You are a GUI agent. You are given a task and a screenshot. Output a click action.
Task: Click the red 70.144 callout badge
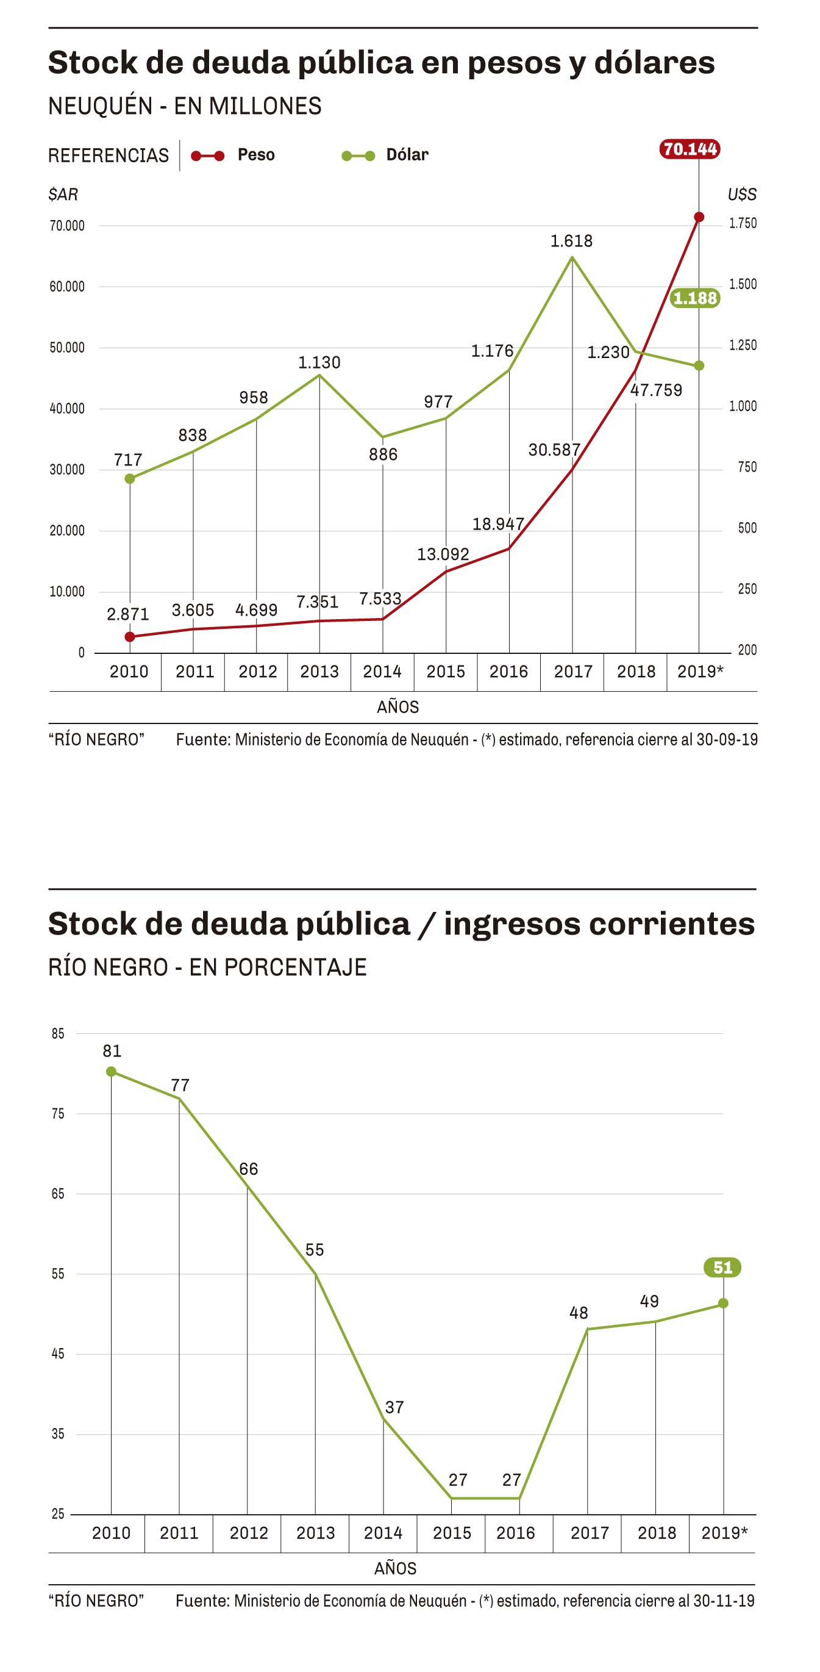click(x=690, y=149)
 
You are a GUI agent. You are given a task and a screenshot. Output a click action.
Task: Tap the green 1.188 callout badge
click(x=695, y=298)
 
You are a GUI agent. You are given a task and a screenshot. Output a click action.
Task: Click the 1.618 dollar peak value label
click(x=571, y=242)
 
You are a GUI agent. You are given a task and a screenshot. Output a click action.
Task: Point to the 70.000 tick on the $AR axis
click(x=67, y=226)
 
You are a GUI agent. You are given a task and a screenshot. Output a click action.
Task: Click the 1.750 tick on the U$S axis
click(x=743, y=223)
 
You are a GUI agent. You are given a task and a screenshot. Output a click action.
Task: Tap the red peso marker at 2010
click(x=130, y=637)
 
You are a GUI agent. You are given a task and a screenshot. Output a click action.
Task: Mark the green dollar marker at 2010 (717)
click(x=130, y=478)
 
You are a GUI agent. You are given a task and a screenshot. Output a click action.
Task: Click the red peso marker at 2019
click(x=699, y=217)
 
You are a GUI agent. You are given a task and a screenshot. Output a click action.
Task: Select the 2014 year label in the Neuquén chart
click(x=382, y=672)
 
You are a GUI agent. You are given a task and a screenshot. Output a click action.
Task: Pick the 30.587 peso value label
click(x=554, y=450)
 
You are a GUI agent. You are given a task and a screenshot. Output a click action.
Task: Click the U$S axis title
click(x=741, y=195)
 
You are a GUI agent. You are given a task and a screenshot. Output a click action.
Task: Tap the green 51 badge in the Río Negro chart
click(x=722, y=1267)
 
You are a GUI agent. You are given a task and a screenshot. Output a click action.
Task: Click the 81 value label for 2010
click(x=112, y=1051)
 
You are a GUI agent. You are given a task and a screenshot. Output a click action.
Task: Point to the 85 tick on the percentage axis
click(x=59, y=1033)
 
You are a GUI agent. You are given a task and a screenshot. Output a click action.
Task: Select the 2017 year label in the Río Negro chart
click(x=589, y=1532)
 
